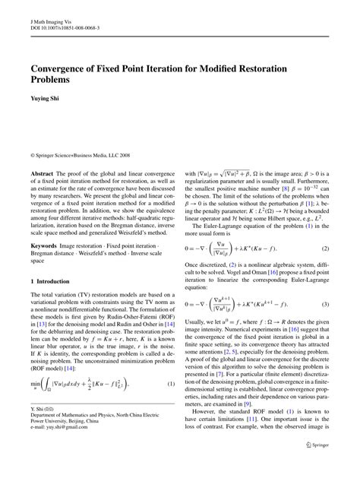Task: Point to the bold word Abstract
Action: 42,174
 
